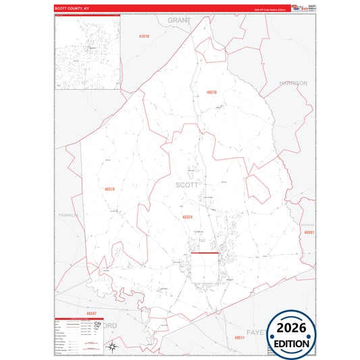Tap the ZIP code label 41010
[143, 36]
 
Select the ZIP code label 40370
[211, 92]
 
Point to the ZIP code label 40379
[110, 189]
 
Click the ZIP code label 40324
[188, 217]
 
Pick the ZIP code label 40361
[309, 232]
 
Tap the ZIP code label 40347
[91, 313]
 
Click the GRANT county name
[179, 21]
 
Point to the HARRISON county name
[293, 83]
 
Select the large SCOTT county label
[187, 184]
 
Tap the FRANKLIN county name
[69, 215]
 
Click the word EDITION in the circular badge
[292, 343]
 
